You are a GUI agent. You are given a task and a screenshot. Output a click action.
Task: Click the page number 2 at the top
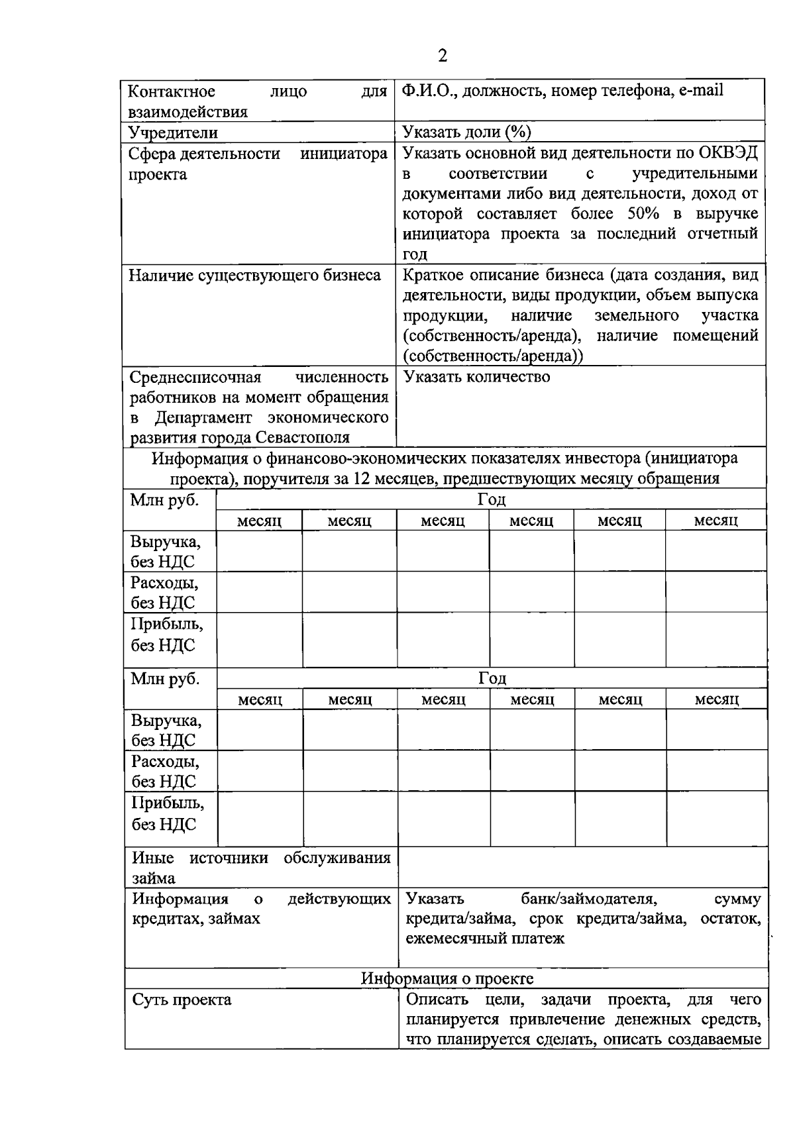(443, 56)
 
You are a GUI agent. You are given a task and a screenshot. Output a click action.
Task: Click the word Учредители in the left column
(173, 133)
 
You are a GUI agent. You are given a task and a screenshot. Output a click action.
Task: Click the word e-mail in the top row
(700, 91)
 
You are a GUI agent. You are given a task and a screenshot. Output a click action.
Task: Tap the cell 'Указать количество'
(476, 378)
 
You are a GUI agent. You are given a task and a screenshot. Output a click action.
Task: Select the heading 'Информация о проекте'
(447, 978)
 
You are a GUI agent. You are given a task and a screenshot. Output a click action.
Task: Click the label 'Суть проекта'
(182, 1000)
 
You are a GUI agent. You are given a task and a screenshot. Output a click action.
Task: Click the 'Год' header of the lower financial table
(492, 678)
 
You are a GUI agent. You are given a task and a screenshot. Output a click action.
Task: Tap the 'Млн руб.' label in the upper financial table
(164, 501)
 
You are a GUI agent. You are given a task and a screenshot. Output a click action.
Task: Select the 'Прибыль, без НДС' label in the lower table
(168, 813)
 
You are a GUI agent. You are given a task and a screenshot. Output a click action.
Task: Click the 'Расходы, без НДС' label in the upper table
(164, 593)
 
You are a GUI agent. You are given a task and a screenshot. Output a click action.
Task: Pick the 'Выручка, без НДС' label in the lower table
(166, 730)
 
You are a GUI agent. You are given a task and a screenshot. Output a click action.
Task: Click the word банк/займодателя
(588, 899)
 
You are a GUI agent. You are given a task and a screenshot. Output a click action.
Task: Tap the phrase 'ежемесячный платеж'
(485, 939)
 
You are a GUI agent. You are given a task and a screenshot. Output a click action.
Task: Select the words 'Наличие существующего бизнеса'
(254, 276)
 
